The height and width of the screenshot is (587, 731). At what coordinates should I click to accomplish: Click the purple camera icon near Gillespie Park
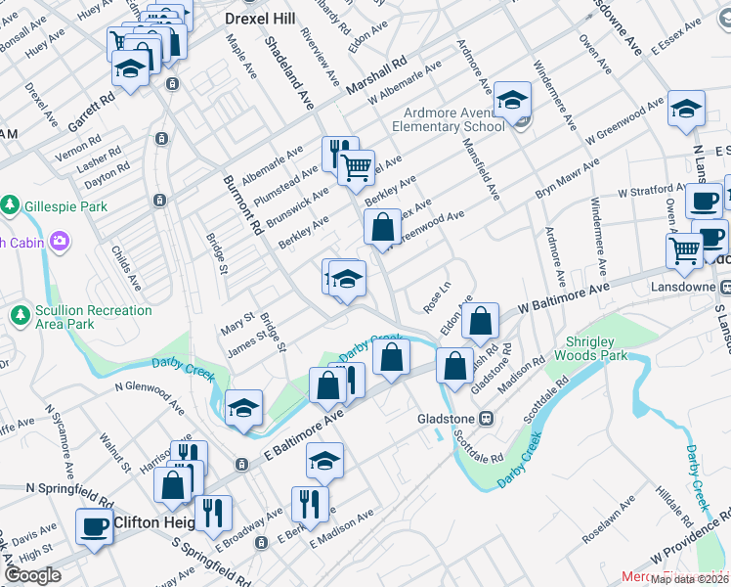click(60, 241)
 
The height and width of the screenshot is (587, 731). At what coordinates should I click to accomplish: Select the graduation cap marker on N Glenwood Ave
click(243, 408)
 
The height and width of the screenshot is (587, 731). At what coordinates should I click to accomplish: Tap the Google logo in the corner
click(32, 575)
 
